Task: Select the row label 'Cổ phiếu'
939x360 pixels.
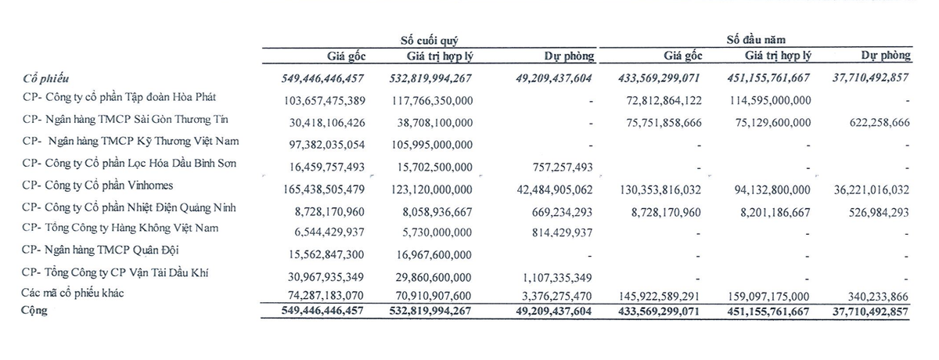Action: coord(46,79)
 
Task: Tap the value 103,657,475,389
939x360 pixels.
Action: coord(322,101)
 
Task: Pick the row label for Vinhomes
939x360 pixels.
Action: coord(99,186)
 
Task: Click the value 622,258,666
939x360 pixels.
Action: coord(869,123)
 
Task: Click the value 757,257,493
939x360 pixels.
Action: coord(555,167)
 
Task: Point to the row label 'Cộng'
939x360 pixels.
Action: coord(36,310)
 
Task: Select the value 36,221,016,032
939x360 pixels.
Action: coord(858,189)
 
